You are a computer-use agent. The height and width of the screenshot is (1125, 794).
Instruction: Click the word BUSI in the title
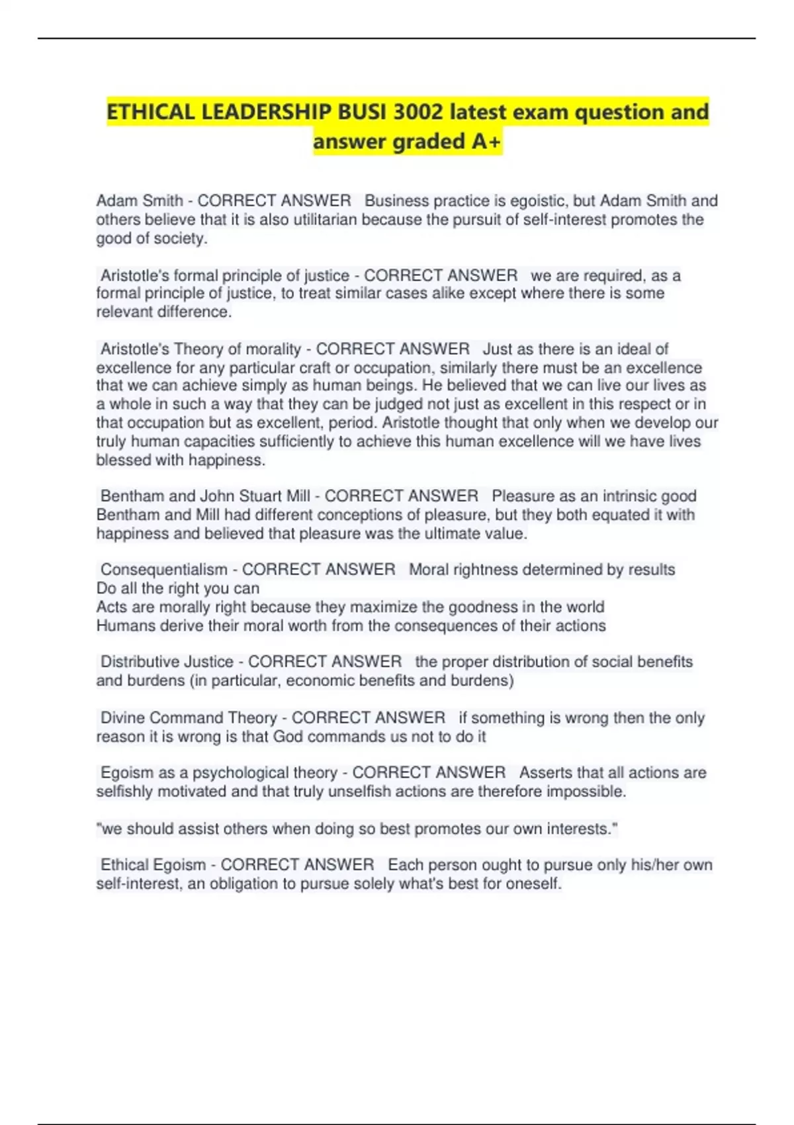click(x=363, y=112)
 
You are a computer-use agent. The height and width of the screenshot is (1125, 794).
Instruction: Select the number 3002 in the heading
click(x=418, y=112)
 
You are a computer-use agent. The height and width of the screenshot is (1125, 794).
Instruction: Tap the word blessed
click(x=124, y=460)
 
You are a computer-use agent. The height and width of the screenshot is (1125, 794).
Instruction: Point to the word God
click(x=288, y=737)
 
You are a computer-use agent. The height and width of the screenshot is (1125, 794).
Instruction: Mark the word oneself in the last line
click(x=533, y=884)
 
